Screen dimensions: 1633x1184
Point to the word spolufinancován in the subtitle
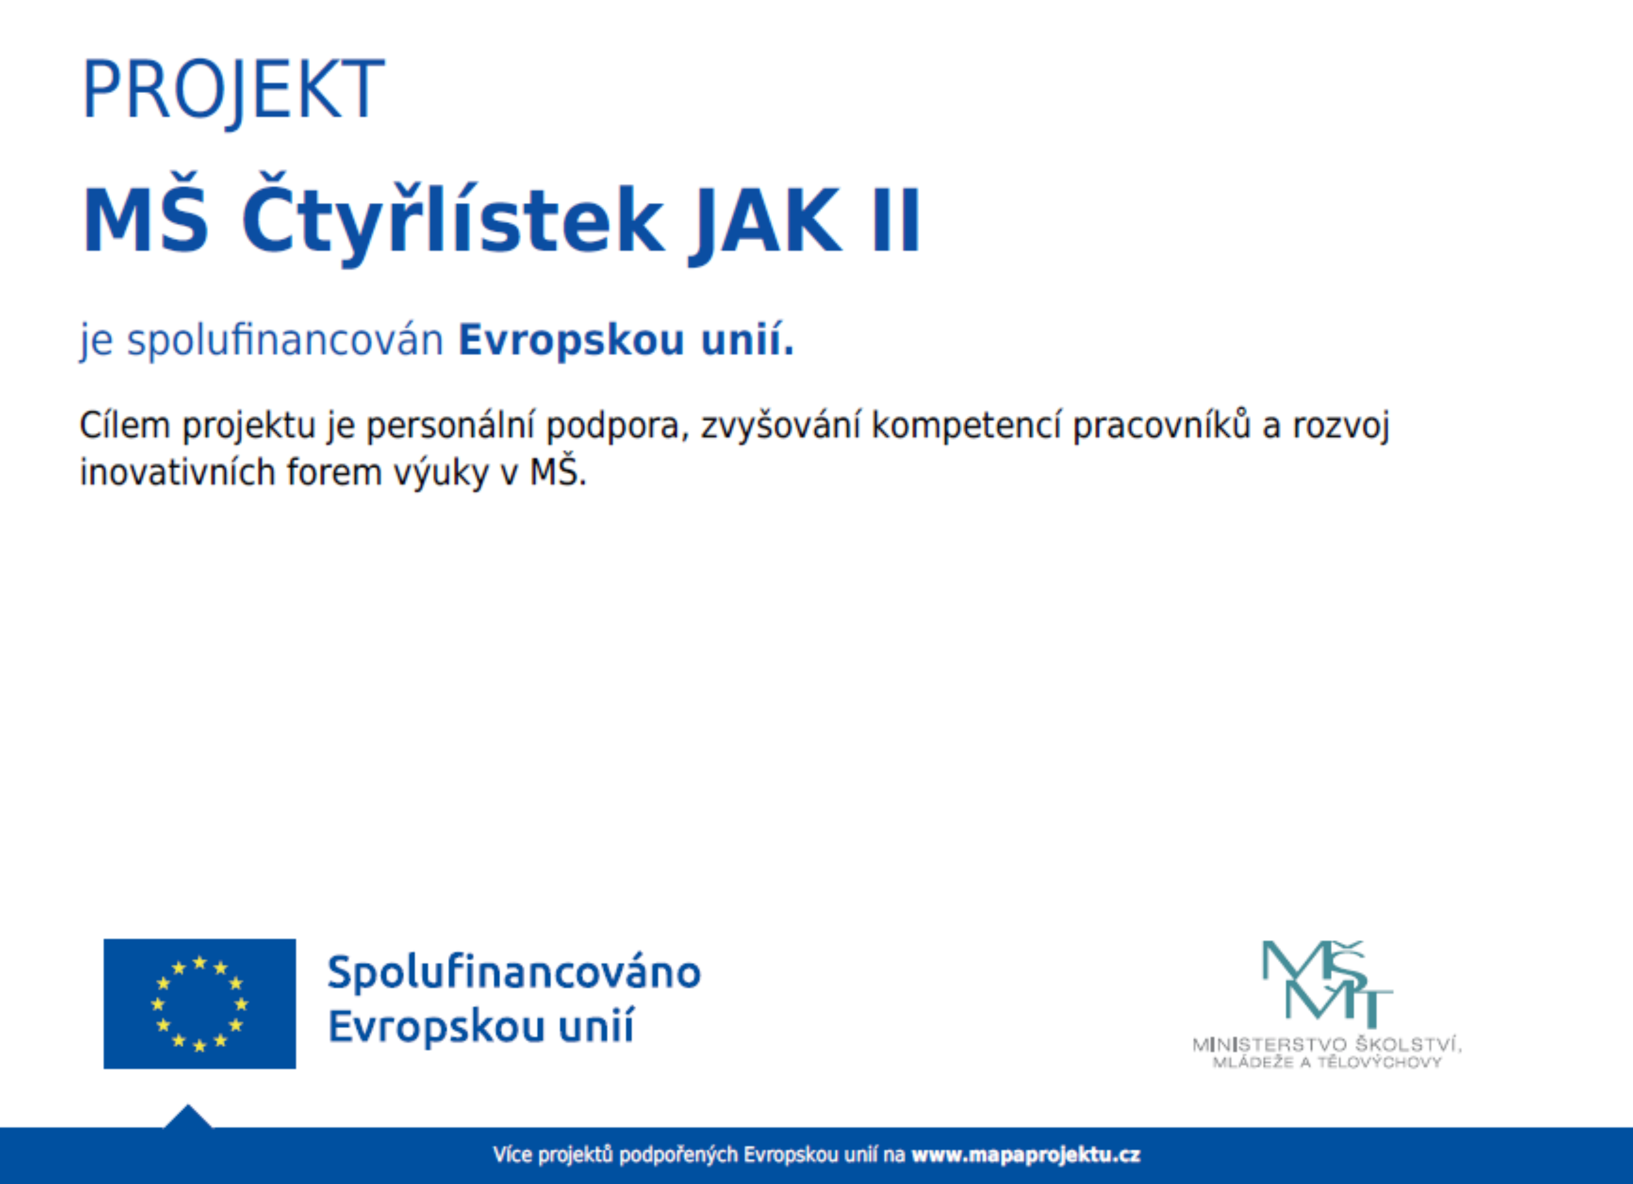coord(284,340)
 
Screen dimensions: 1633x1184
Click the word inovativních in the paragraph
coord(178,473)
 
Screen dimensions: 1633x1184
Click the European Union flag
coord(200,1003)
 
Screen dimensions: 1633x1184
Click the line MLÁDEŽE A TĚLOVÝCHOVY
coord(1327,1063)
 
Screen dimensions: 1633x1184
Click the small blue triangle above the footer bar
coord(188,1117)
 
